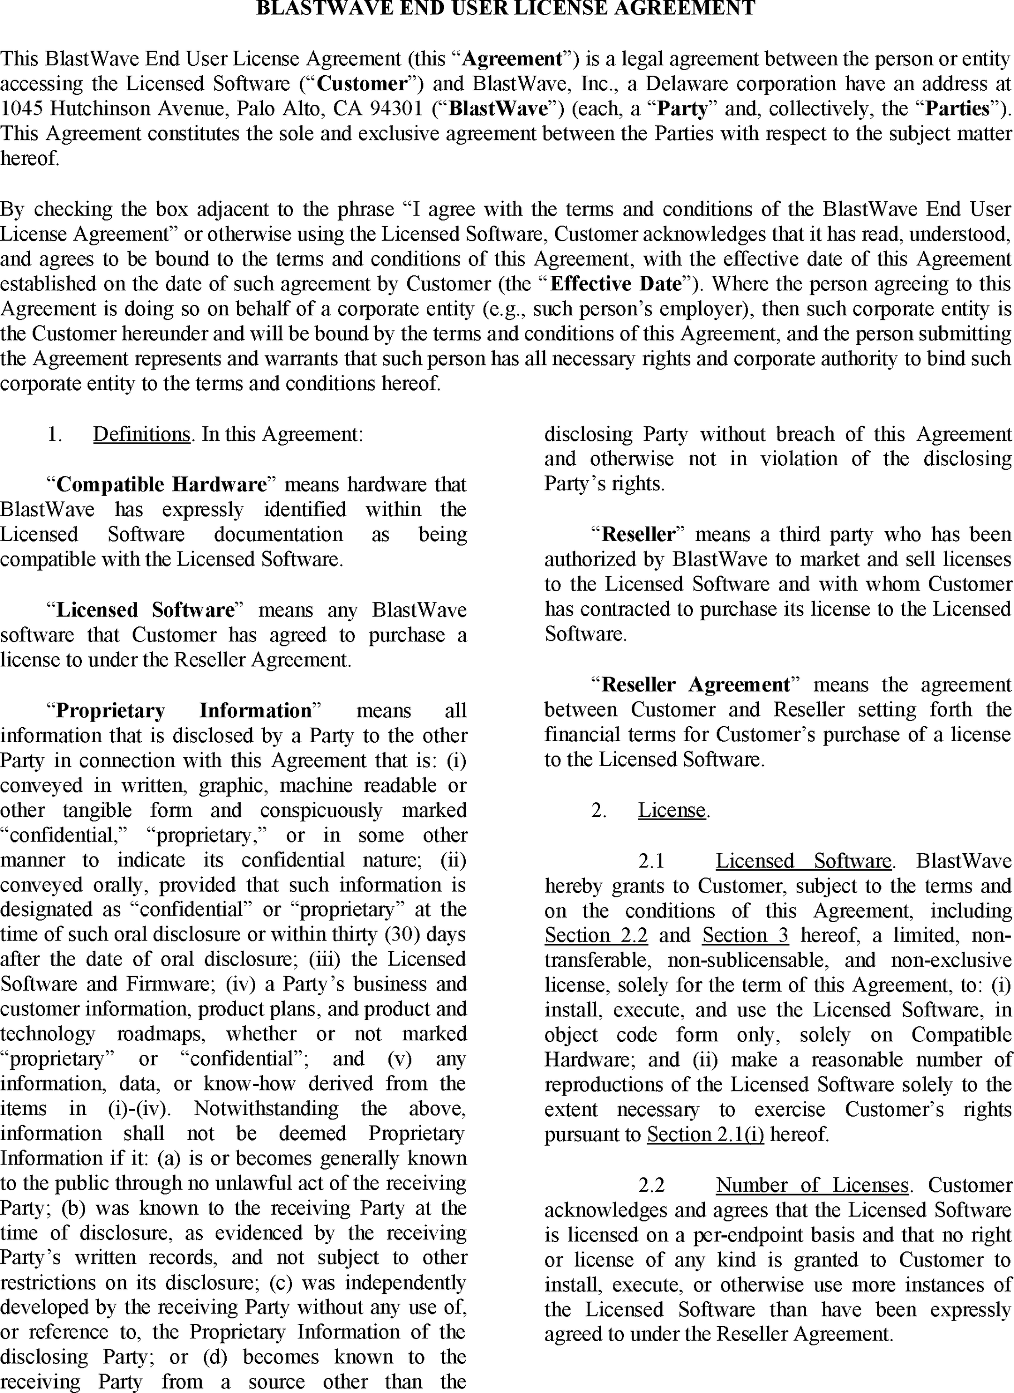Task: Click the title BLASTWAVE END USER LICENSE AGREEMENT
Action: (505, 8)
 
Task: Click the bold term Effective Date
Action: (616, 284)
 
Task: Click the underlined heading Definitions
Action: (142, 434)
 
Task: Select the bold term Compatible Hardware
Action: (162, 485)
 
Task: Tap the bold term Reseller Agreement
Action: (695, 685)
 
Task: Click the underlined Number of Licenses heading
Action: (812, 1185)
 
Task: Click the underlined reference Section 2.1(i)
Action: (706, 1134)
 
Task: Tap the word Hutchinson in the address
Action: (101, 108)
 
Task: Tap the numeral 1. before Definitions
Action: (55, 434)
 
